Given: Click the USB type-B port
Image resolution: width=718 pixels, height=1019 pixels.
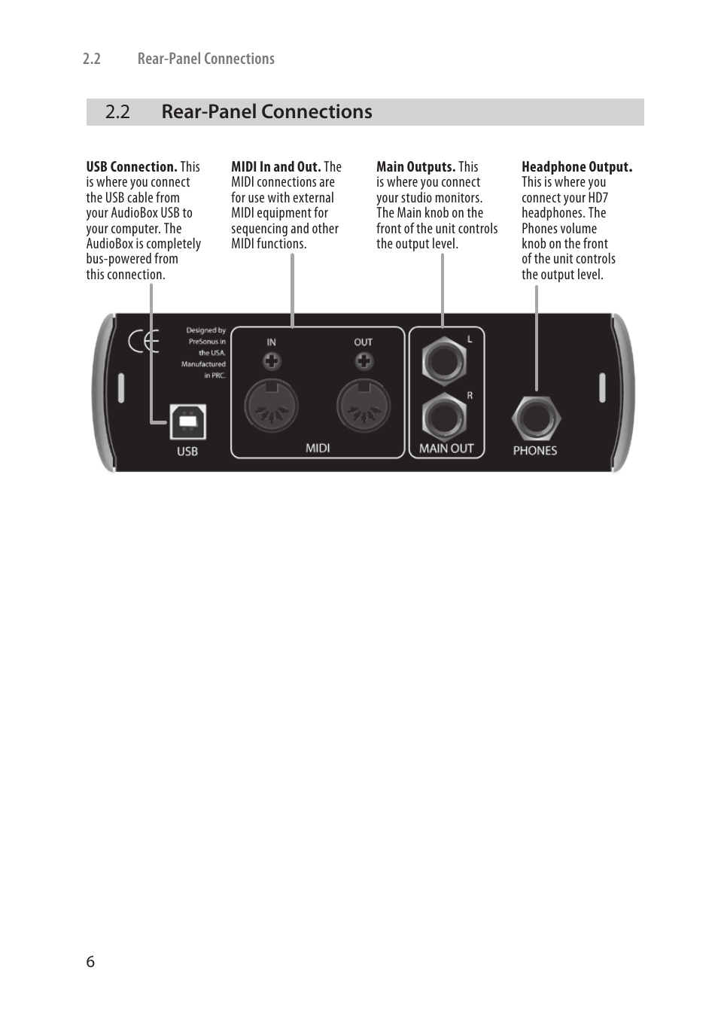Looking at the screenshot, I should [x=187, y=422].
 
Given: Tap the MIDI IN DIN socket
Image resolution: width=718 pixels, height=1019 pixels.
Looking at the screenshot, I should [x=272, y=406].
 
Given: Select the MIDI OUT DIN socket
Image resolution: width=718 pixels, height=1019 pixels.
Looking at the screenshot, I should [x=364, y=406].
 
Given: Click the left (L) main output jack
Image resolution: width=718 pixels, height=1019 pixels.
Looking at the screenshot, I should [x=443, y=360].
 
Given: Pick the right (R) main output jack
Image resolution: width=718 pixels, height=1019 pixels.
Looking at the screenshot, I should [x=443, y=416].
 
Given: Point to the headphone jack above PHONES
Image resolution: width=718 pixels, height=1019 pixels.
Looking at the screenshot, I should [x=536, y=418].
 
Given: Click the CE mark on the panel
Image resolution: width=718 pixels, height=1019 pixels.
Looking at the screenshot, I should [x=143, y=342].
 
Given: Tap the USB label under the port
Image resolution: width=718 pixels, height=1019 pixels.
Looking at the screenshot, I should [x=187, y=452].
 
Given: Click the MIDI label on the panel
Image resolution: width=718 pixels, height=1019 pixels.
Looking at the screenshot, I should [x=318, y=448].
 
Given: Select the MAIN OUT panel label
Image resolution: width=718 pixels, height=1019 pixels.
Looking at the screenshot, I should [x=446, y=449].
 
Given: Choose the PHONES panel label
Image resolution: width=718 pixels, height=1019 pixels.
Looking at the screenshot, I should [x=535, y=451].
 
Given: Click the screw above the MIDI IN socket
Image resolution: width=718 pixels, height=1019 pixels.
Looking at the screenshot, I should [x=272, y=362].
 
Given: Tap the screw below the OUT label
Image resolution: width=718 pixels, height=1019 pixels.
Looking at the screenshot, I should [x=364, y=362].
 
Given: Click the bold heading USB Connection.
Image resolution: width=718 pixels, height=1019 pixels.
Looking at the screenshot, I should [x=132, y=167].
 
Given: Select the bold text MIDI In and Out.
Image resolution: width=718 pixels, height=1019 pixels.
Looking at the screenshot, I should [x=276, y=167].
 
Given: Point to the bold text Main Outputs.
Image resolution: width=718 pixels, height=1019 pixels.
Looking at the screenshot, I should [x=415, y=167].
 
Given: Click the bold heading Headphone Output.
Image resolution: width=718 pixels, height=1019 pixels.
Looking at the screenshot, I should [x=577, y=167].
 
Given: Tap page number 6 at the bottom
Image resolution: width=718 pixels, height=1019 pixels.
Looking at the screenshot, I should [x=90, y=962].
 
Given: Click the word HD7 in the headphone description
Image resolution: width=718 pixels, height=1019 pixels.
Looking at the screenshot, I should [x=598, y=198].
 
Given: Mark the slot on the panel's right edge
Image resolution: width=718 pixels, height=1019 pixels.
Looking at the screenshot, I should [x=602, y=388].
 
